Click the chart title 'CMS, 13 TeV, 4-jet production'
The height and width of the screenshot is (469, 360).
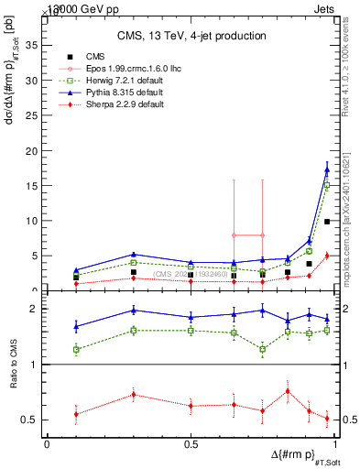(191, 36)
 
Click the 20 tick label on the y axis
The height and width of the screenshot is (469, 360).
(34, 150)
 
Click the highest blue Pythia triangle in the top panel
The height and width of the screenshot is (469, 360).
(327, 169)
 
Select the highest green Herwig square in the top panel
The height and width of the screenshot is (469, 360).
(327, 185)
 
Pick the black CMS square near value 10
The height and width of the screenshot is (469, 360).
(327, 222)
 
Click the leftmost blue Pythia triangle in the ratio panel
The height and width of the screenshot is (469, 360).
(76, 326)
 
